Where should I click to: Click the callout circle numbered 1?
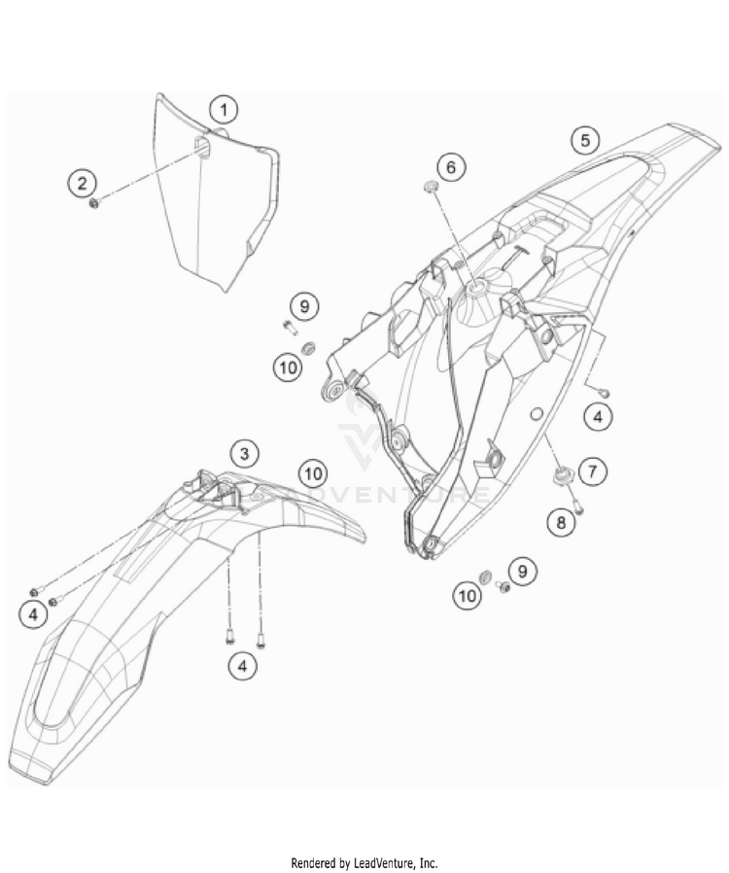[x=224, y=108]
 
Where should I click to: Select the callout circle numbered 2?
[x=82, y=182]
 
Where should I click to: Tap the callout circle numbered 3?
[x=245, y=452]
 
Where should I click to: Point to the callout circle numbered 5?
[x=584, y=140]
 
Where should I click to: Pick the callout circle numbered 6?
[x=450, y=166]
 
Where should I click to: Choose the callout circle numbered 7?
[x=592, y=471]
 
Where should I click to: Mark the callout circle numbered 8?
[x=560, y=522]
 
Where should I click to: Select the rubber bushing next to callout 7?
[x=561, y=474]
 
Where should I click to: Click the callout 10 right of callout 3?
[x=311, y=473]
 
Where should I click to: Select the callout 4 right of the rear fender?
[x=599, y=417]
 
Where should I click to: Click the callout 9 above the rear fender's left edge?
[x=304, y=307]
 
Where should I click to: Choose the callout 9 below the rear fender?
[x=522, y=571]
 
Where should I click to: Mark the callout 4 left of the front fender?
[x=33, y=613]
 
